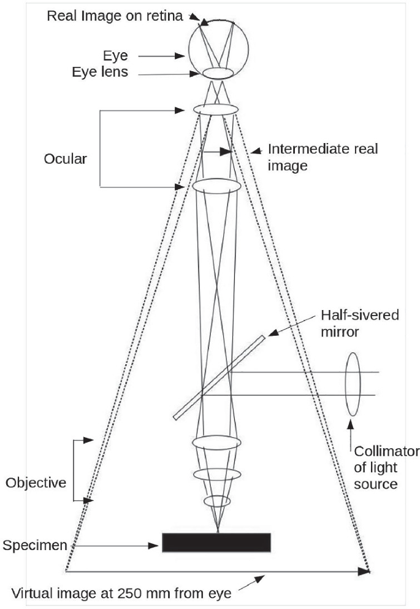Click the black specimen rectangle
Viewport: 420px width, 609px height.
coord(216,542)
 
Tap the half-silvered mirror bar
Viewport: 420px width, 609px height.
coord(220,377)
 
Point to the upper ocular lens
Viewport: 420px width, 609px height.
coord(215,109)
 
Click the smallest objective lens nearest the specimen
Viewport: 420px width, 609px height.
coord(217,501)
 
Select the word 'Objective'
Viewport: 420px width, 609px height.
coord(36,483)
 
